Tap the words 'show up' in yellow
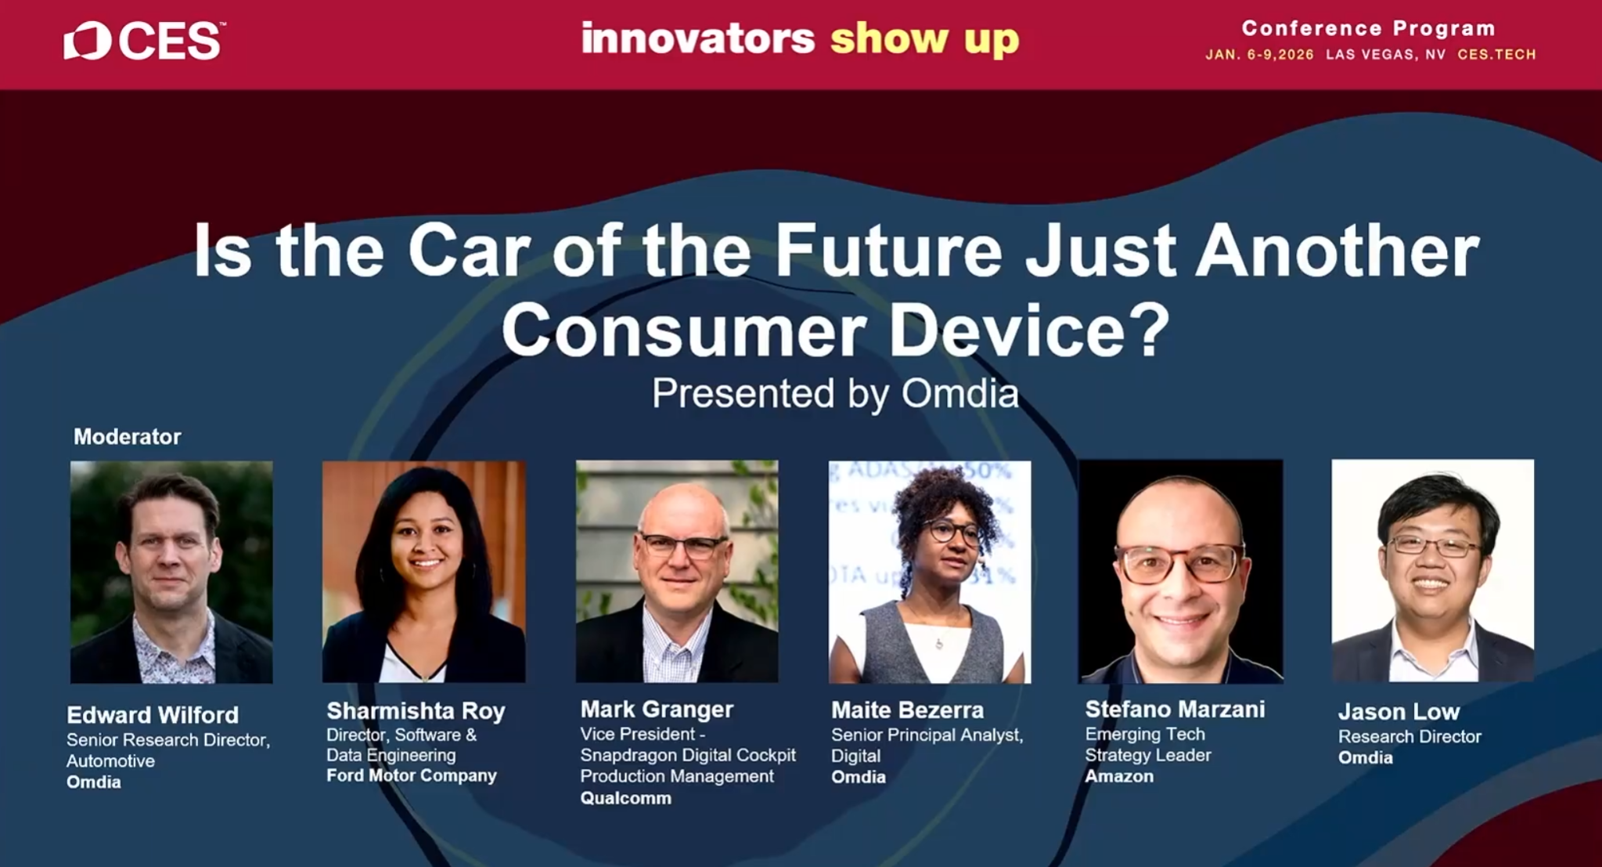(924, 39)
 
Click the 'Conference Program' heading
(1369, 28)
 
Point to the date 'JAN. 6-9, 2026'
(1259, 55)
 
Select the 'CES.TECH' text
(1496, 55)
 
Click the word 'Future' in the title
(888, 251)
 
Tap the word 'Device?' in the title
(1028, 329)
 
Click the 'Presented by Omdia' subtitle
(835, 393)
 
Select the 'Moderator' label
(127, 436)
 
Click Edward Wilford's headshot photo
(171, 572)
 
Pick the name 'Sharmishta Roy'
(416, 710)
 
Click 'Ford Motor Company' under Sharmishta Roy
(412, 775)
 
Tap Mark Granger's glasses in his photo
(683, 545)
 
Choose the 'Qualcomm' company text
(625, 798)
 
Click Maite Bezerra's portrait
(930, 572)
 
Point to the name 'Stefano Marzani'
(1175, 709)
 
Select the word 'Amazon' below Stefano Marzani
(1119, 776)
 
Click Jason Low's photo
(1433, 570)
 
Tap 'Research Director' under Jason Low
(1409, 736)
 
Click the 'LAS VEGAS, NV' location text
(1386, 55)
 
